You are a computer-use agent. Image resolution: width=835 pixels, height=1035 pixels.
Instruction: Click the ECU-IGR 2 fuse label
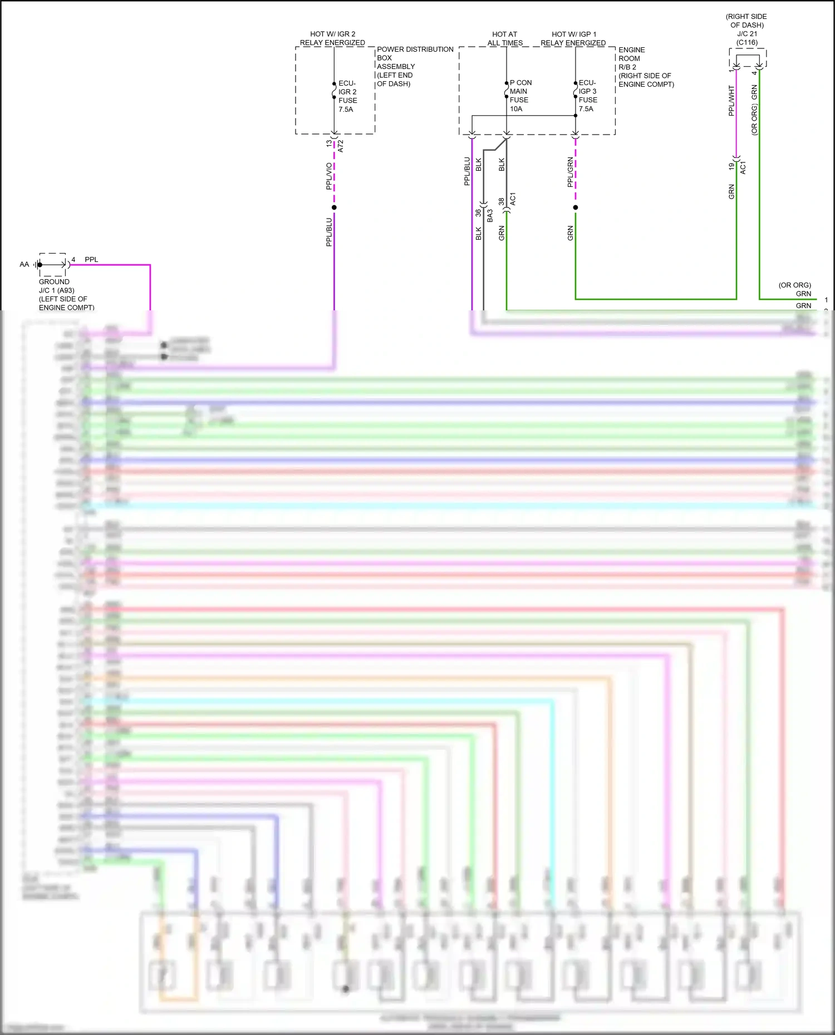click(347, 96)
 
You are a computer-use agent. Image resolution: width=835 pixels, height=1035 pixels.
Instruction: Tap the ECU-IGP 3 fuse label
click(588, 96)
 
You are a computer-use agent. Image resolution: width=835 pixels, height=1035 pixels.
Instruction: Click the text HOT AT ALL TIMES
click(505, 38)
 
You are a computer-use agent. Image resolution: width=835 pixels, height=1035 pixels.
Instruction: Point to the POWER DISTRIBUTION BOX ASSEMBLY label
click(414, 66)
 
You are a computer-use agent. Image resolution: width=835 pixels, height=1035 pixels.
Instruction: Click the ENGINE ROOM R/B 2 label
click(645, 67)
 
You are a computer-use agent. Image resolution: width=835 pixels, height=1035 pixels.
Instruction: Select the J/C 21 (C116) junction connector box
click(748, 58)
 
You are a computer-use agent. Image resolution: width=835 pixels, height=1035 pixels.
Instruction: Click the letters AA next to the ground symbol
click(24, 264)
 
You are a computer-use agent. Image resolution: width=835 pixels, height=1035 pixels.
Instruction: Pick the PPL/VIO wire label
click(329, 176)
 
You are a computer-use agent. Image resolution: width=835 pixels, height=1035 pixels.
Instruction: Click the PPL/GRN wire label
click(570, 172)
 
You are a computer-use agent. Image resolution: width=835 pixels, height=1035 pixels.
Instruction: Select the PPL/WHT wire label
click(731, 101)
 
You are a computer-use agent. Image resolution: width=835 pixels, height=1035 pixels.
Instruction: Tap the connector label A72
click(341, 146)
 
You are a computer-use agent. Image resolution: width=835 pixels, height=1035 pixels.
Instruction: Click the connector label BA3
click(490, 215)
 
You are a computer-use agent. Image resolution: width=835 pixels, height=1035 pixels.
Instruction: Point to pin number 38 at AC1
click(502, 201)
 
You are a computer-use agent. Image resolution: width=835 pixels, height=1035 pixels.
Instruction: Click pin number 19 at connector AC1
click(731, 166)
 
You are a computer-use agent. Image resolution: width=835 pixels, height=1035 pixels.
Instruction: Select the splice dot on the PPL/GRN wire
click(576, 207)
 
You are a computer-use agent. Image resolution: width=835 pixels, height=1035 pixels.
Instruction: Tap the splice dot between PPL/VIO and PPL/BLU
click(334, 207)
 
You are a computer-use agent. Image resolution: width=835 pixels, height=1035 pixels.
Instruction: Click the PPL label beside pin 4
click(91, 259)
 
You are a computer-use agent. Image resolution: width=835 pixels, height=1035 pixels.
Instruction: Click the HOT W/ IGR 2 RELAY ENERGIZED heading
click(332, 38)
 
